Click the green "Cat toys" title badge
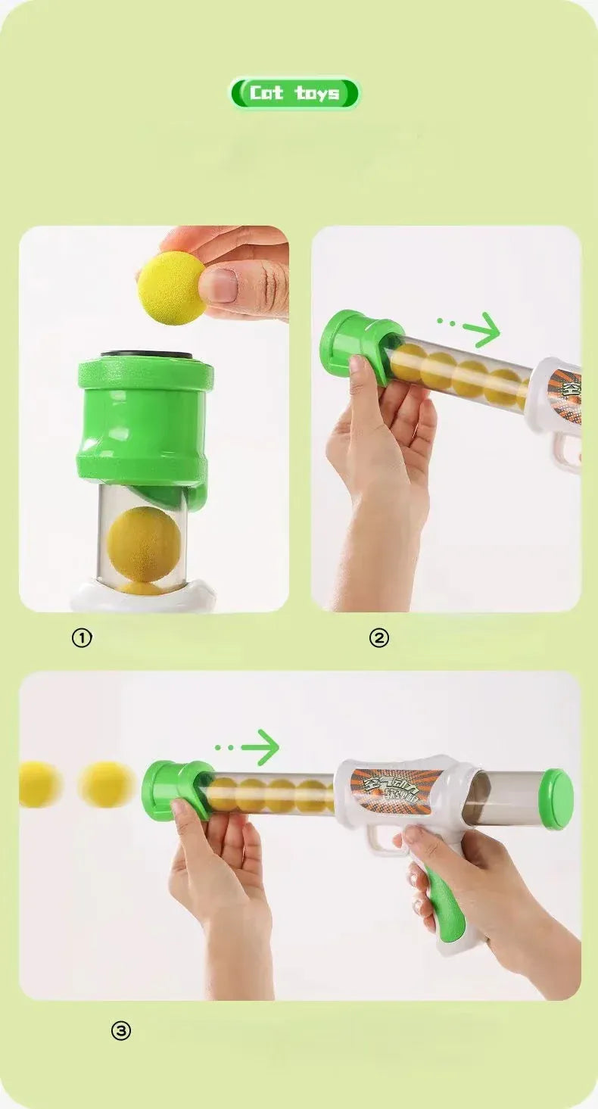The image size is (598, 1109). [294, 93]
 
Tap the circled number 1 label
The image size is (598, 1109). [82, 638]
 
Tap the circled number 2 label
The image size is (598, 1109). [378, 638]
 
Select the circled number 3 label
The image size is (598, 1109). [121, 1030]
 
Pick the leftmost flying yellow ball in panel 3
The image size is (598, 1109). [39, 783]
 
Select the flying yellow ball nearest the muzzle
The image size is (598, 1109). [107, 784]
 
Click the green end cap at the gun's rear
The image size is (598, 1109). [557, 799]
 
